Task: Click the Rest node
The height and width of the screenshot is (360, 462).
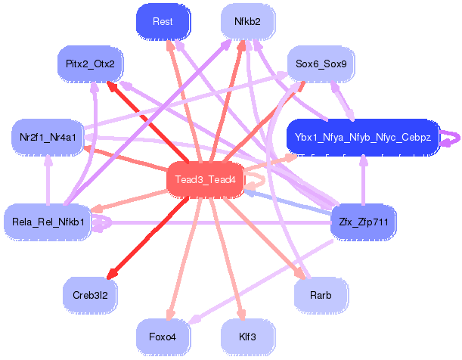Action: click(x=162, y=22)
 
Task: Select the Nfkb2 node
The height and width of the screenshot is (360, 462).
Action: click(x=247, y=22)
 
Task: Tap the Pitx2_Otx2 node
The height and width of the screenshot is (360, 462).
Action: click(x=90, y=64)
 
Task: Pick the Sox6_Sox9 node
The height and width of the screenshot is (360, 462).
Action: click(x=321, y=64)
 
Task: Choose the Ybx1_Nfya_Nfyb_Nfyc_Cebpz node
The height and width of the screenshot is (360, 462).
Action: click(x=362, y=138)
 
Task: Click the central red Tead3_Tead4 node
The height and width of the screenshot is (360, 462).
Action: click(x=204, y=179)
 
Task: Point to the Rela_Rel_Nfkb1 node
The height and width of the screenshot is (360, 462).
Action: click(x=47, y=222)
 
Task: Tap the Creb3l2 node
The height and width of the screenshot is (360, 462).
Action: click(x=90, y=294)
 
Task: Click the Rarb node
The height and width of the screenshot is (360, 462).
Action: click(x=321, y=294)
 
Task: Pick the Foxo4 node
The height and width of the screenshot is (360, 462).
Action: click(x=162, y=336)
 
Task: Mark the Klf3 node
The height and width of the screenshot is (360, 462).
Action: click(x=247, y=336)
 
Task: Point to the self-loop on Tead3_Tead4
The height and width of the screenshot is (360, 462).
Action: click(x=255, y=179)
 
